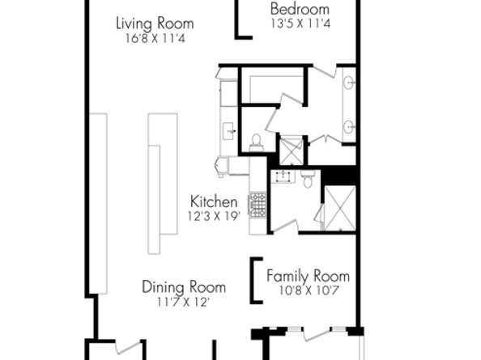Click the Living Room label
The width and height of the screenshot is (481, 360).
[155, 23]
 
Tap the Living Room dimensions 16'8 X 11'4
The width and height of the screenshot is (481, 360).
[155, 39]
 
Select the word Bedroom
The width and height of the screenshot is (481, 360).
[300, 9]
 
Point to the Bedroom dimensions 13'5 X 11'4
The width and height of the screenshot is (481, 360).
[300, 23]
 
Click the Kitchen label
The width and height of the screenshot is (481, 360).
[214, 201]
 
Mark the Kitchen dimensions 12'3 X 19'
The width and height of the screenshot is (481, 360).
[214, 216]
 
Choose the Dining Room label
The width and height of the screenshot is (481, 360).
[184, 287]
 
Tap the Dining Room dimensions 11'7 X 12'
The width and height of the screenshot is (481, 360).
[184, 302]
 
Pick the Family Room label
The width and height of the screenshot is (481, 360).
[308, 276]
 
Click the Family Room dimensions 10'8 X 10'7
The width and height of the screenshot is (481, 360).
[309, 290]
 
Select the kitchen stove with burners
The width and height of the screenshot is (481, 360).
[258, 205]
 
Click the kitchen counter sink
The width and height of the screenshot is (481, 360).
[228, 131]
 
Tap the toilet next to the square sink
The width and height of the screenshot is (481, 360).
[308, 179]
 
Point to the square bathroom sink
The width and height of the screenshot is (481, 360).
[283, 176]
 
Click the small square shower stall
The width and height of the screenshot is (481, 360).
[292, 151]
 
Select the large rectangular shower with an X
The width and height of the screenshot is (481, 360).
[340, 208]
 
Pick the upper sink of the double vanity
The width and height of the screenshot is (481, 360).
[348, 83]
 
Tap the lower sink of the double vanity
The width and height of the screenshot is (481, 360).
[348, 126]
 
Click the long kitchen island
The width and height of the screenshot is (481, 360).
[163, 184]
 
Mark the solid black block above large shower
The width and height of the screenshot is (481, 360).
[338, 176]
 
